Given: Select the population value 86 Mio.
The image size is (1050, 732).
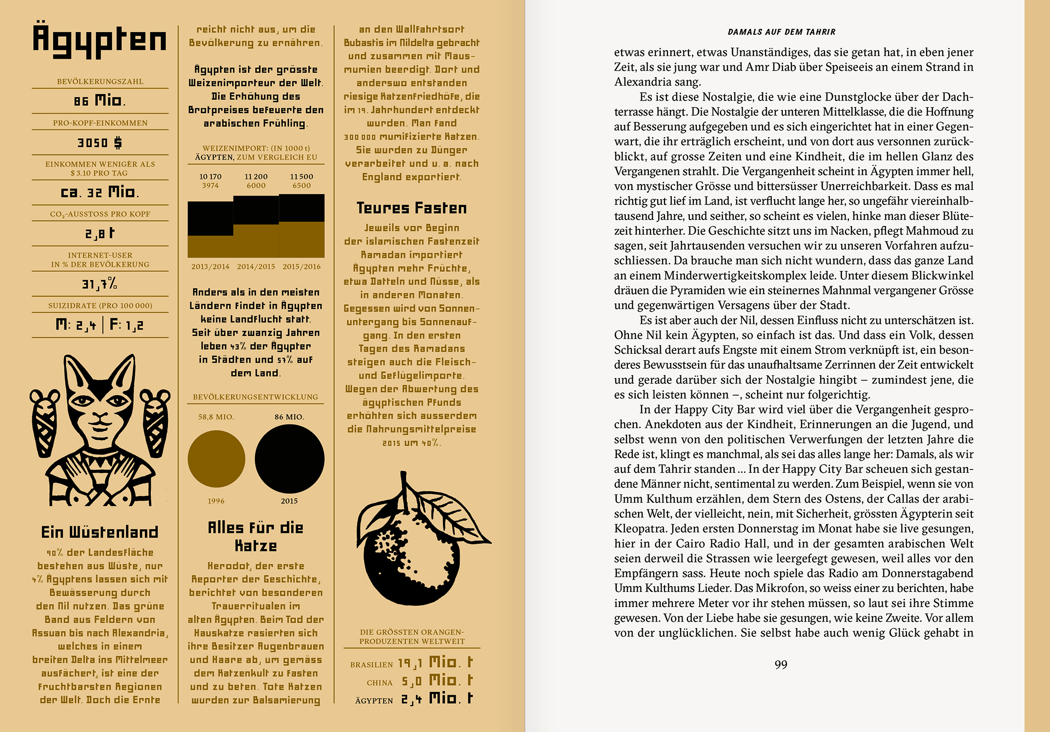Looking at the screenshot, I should pyautogui.click(x=100, y=101).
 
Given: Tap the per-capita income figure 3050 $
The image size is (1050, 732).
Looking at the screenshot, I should pyautogui.click(x=100, y=142).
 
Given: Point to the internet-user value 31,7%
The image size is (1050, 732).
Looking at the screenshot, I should pyautogui.click(x=100, y=284).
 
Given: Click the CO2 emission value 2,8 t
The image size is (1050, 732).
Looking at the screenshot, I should pyautogui.click(x=100, y=234).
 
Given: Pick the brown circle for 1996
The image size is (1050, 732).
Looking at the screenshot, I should pyautogui.click(x=216, y=459).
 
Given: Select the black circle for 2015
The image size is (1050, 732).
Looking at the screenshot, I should pyautogui.click(x=289, y=459).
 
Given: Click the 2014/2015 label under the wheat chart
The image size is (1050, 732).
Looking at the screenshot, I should pyautogui.click(x=256, y=266).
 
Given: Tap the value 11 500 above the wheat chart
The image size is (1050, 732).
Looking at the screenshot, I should pyautogui.click(x=302, y=176).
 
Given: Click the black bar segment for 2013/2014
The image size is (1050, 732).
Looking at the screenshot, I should pyautogui.click(x=210, y=219).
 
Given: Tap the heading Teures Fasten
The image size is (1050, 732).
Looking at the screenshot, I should pyautogui.click(x=411, y=208).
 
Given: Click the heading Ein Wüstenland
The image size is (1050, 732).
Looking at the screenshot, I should pyautogui.click(x=100, y=532).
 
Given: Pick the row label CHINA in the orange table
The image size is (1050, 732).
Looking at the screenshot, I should pyautogui.click(x=380, y=683).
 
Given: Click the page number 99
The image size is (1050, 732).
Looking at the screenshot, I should pyautogui.click(x=781, y=665).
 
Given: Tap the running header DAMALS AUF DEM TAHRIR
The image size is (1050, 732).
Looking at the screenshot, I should pyautogui.click(x=781, y=32).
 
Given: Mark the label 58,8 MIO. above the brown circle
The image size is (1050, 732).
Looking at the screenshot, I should pyautogui.click(x=216, y=417).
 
